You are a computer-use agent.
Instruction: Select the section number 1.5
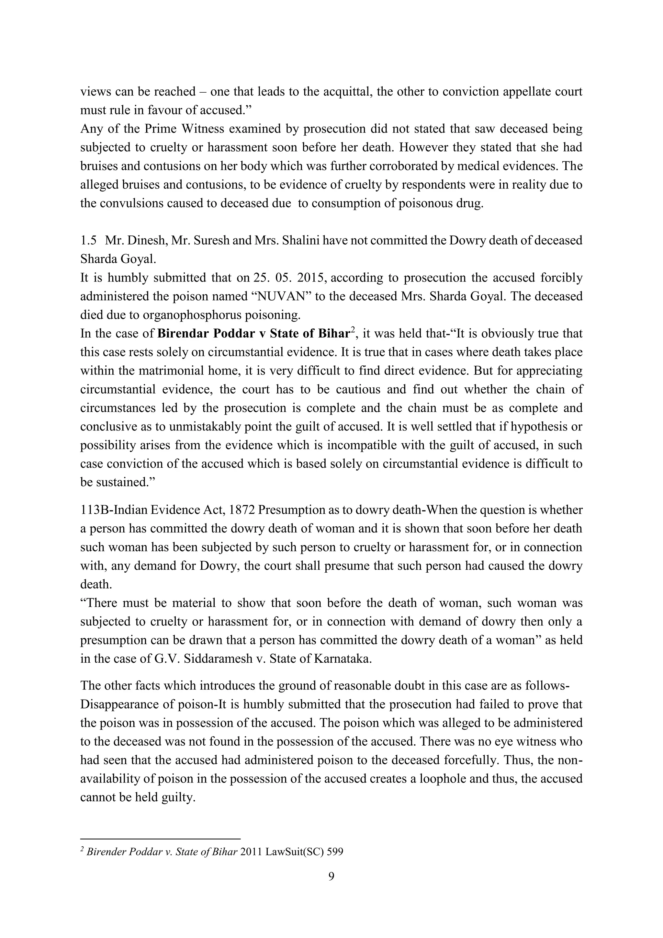tap(88, 240)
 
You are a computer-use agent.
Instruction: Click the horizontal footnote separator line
tap(160, 838)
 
